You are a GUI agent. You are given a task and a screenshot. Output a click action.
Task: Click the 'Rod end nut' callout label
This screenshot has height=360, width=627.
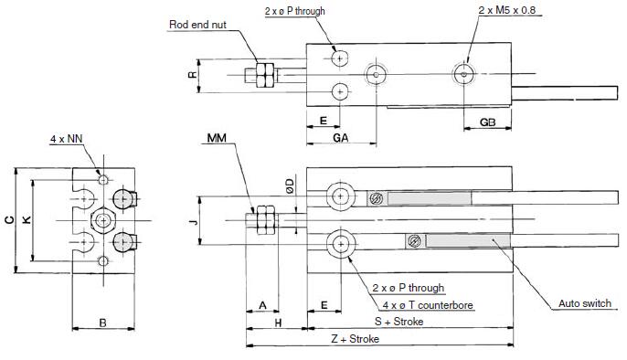tap(198, 25)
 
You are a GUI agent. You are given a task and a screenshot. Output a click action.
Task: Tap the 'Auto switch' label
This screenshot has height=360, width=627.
tap(585, 304)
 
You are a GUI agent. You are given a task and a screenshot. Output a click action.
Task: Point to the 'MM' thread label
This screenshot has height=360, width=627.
tap(218, 138)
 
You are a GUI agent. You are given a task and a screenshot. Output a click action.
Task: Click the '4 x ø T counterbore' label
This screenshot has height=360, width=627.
tap(420, 304)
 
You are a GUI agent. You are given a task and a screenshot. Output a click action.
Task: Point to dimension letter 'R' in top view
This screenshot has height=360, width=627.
tap(193, 75)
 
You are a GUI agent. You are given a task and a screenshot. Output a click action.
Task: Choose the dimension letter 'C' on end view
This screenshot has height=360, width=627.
tap(8, 220)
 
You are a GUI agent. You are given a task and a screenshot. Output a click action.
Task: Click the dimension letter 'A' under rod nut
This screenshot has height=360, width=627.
tap(262, 303)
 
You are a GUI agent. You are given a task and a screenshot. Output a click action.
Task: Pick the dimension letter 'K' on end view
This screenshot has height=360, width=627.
tap(26, 220)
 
